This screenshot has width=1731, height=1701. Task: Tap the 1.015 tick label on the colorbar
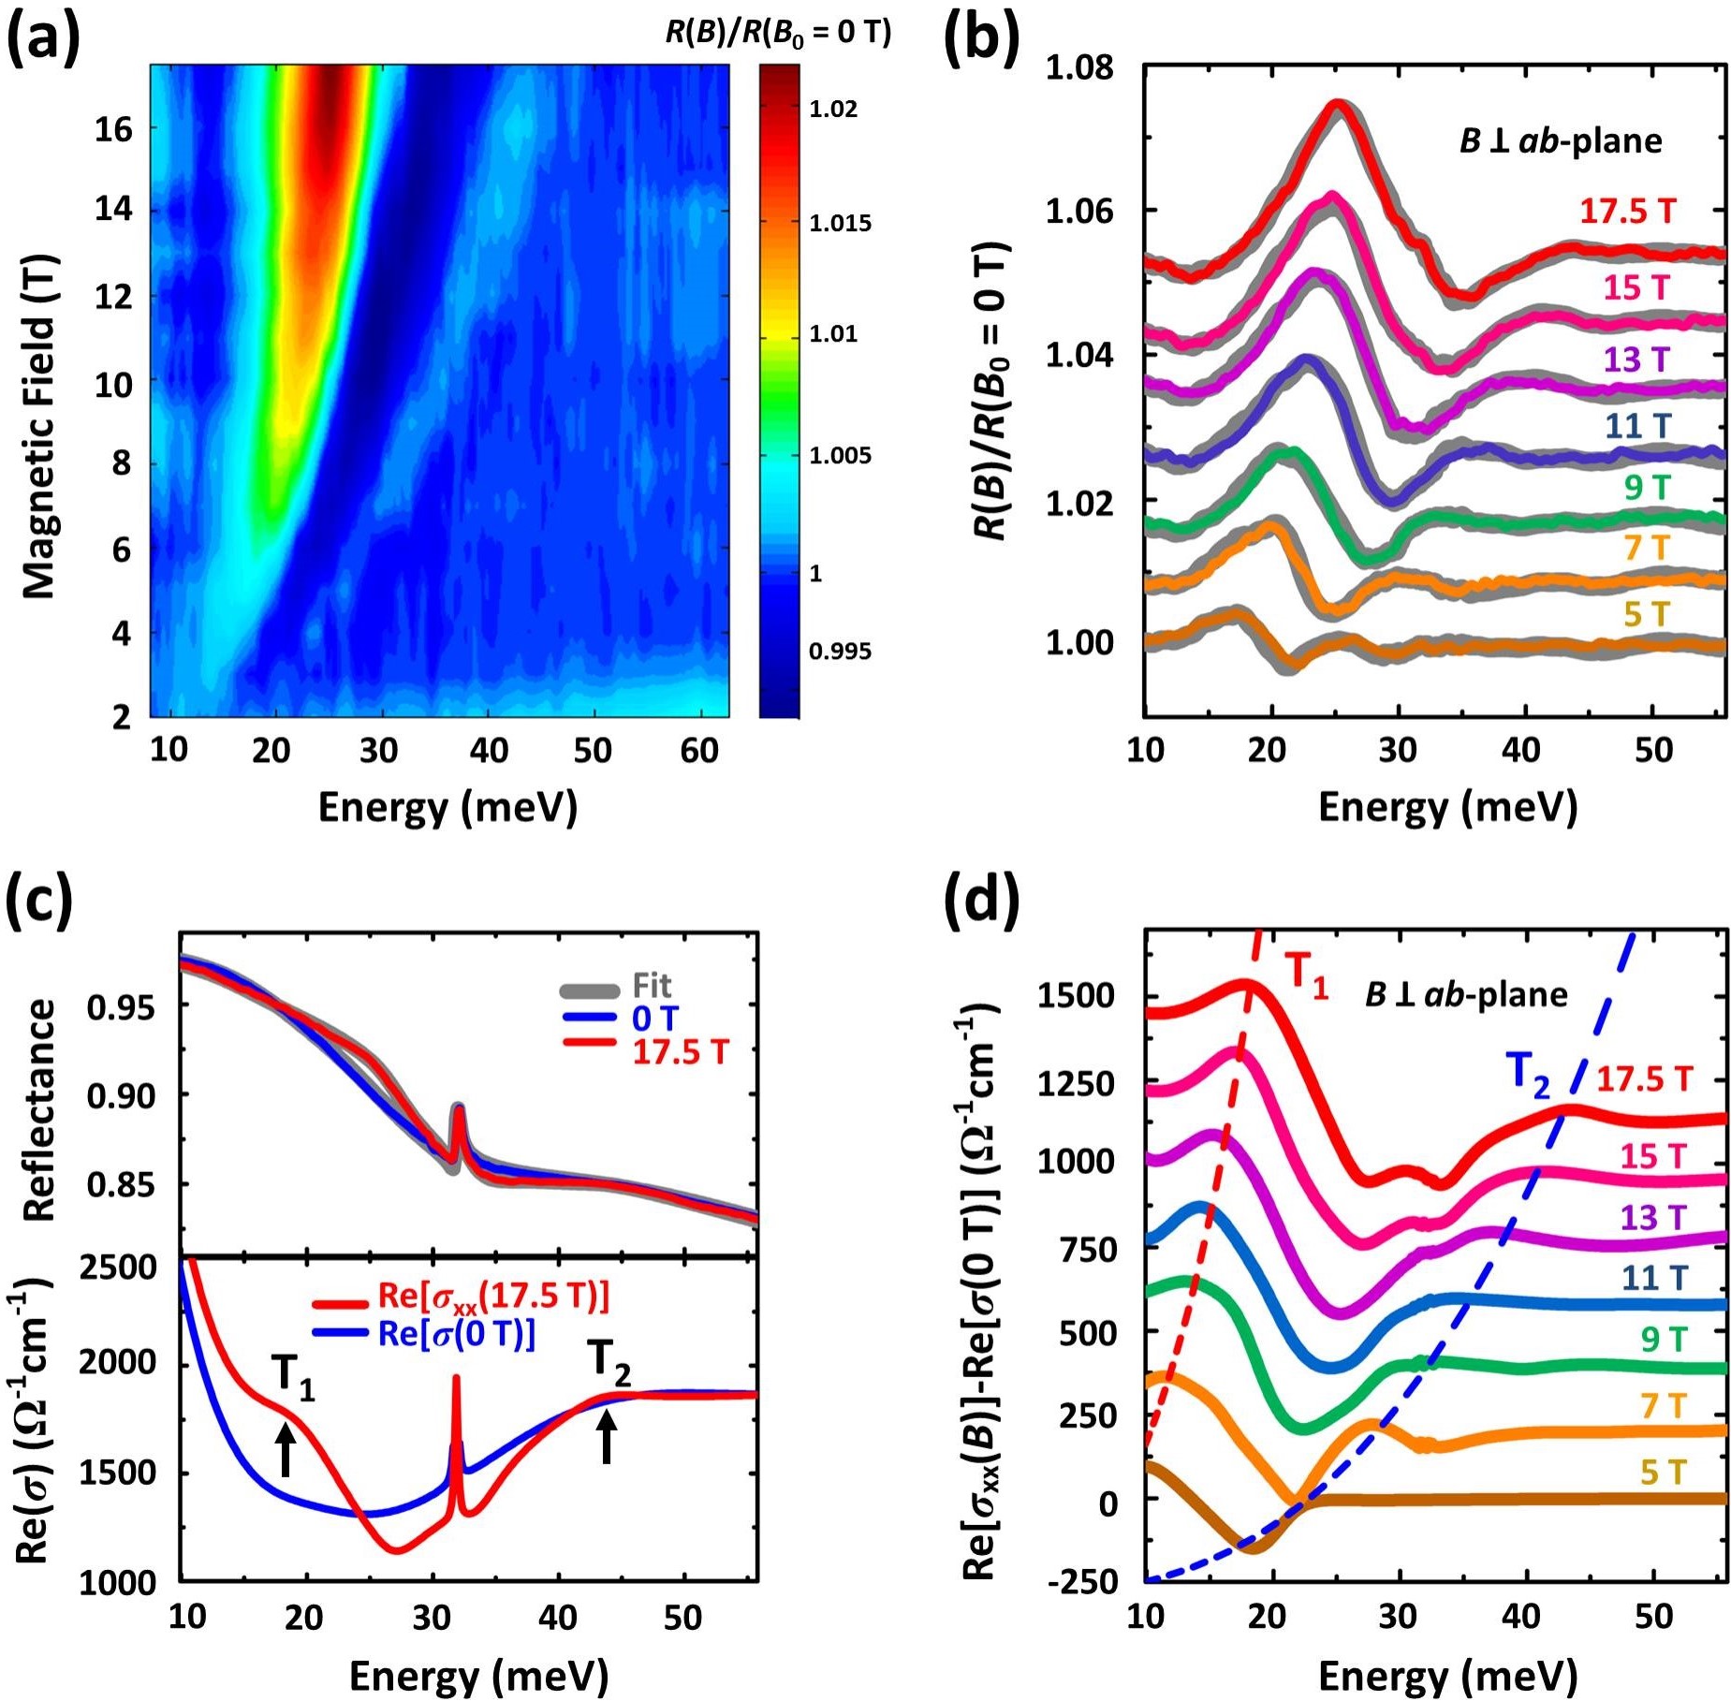click(840, 223)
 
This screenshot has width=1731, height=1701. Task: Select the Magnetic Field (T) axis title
click(39, 425)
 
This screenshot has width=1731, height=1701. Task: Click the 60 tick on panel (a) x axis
click(698, 751)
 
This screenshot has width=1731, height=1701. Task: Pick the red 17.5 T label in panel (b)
click(1627, 212)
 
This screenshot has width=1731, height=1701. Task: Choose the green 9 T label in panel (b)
click(1647, 488)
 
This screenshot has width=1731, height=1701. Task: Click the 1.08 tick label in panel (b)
click(1079, 68)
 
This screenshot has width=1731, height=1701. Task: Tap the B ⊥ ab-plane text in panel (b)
click(1561, 141)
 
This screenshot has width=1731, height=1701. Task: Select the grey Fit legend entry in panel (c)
click(652, 986)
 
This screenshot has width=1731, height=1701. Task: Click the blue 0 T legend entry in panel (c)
click(654, 1019)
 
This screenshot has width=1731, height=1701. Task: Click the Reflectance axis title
click(39, 1109)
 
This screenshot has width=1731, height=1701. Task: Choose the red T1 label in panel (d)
click(1306, 974)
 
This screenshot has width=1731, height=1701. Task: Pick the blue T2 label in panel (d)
click(1528, 1074)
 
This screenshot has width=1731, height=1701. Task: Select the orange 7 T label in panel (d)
click(1662, 1406)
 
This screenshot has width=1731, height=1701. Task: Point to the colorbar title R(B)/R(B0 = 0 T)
click(778, 34)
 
